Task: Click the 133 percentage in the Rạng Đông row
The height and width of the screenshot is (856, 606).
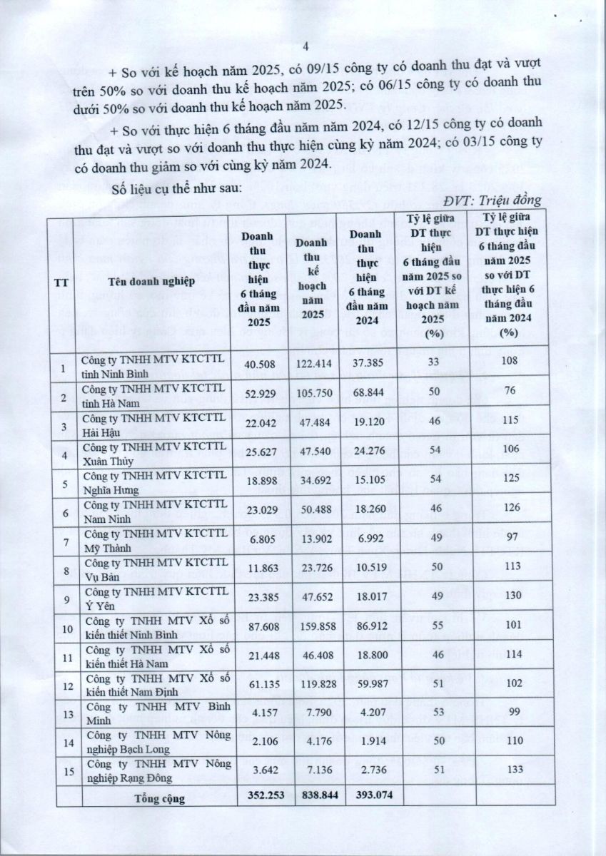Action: (x=509, y=769)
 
